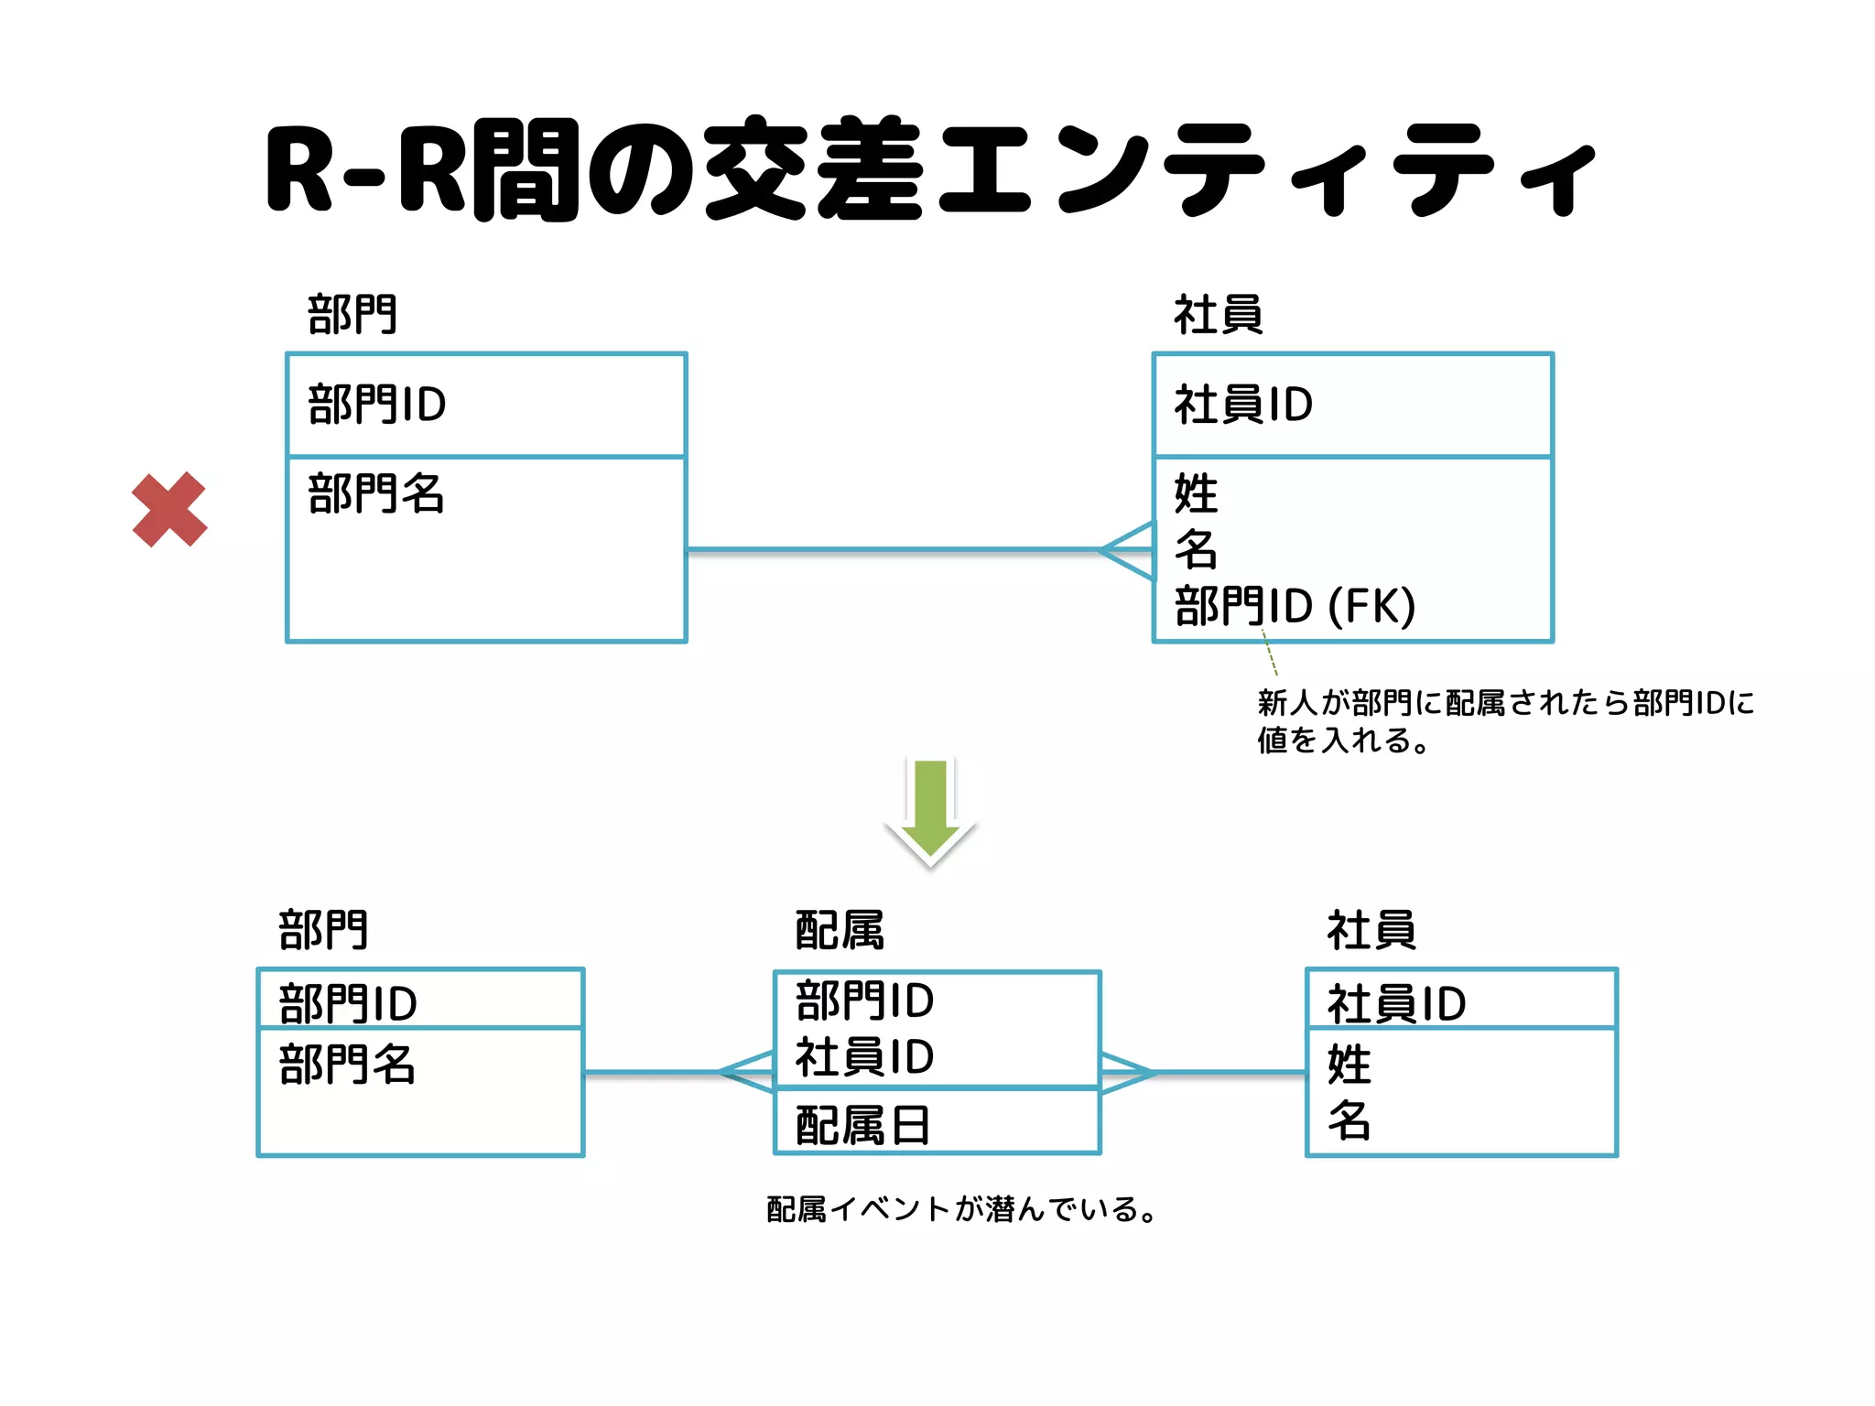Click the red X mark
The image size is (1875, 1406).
169,510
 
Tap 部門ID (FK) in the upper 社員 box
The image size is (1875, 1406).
1295,606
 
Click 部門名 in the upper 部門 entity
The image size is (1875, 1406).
376,494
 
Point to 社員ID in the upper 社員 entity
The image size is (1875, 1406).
1243,405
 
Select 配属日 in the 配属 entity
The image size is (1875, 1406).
862,1125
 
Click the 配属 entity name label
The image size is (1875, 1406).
840,930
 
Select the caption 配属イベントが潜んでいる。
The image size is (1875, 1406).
961,1209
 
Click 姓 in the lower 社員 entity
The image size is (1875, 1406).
1349,1064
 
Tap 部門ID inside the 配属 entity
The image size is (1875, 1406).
864,1000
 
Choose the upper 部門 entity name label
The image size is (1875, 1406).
352,315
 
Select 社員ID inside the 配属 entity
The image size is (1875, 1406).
864,1057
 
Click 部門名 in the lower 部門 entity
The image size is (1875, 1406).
347,1065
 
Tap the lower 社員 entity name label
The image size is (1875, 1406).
1371,930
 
